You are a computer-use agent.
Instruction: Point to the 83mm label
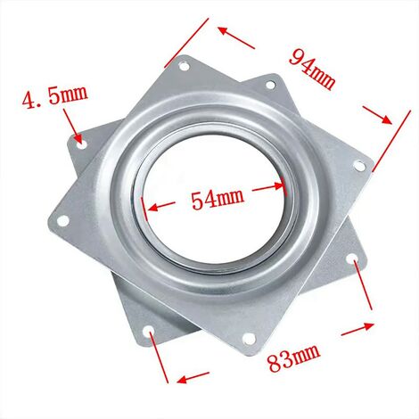(293, 362)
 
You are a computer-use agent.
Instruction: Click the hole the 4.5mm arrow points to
(81, 140)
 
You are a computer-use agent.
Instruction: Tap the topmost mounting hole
(185, 66)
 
